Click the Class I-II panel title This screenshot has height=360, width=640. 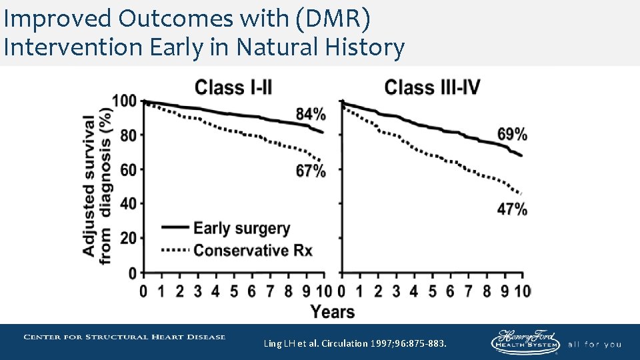(x=233, y=87)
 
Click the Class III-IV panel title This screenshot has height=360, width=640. (x=432, y=87)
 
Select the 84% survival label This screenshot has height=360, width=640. (x=310, y=113)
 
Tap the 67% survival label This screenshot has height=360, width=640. (x=311, y=171)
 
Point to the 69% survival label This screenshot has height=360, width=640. (x=512, y=134)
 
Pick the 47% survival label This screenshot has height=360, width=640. (x=512, y=209)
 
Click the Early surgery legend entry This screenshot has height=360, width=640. (x=241, y=229)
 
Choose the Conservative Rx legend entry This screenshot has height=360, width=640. (x=253, y=251)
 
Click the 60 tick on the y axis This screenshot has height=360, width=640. (x=128, y=170)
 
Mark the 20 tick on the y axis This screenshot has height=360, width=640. (x=128, y=239)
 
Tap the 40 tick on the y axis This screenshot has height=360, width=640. (x=128, y=204)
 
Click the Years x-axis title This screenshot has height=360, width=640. (x=333, y=312)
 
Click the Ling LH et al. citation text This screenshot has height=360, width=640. (x=355, y=343)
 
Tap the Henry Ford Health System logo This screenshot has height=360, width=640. (x=525, y=341)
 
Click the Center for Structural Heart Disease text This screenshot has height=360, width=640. (x=125, y=337)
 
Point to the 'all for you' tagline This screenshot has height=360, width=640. (x=594, y=344)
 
